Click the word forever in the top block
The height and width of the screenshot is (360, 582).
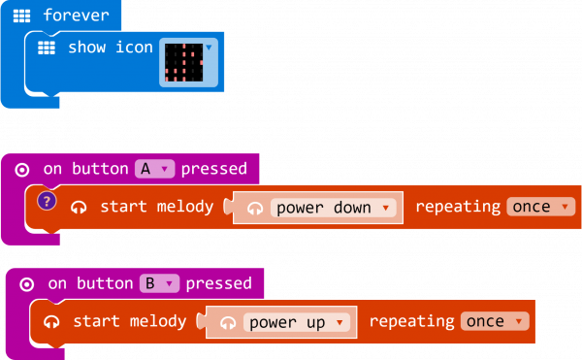point(76,16)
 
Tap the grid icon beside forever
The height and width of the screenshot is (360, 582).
point(22,16)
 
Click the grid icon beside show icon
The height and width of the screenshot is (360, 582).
point(46,48)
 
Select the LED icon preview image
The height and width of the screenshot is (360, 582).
point(183,61)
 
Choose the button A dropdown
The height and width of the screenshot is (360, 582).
point(154,169)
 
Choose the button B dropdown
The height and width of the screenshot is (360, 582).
point(160,283)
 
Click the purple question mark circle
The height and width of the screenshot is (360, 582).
point(46,202)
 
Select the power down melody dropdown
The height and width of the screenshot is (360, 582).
point(334,207)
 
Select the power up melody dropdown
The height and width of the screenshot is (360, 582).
point(296,322)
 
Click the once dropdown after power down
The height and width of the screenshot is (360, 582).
point(537,207)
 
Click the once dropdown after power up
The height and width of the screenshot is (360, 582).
point(495,321)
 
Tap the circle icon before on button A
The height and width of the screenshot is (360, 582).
point(22,170)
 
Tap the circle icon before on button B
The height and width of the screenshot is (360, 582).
point(27,284)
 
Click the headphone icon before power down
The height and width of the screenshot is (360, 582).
point(255,208)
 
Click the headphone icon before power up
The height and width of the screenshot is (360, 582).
point(227,323)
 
